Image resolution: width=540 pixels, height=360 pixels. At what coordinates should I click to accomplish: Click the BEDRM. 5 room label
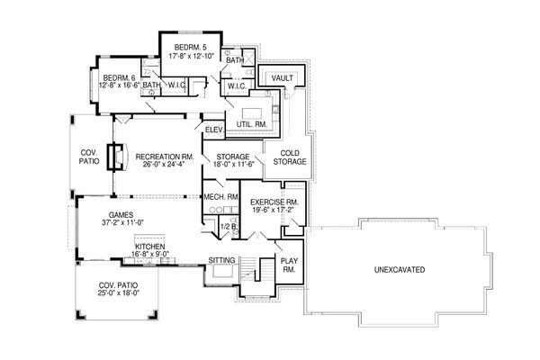(190, 47)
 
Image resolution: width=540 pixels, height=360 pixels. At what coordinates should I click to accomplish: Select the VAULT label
(283, 78)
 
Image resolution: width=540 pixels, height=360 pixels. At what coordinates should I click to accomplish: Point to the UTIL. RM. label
(252, 125)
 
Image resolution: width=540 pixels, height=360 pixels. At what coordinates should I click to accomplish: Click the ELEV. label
(214, 130)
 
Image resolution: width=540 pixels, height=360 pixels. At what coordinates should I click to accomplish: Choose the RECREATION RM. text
(165, 157)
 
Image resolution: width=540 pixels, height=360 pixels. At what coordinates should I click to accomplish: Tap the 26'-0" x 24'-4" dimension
(165, 164)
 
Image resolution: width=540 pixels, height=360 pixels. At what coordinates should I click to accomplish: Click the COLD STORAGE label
(290, 157)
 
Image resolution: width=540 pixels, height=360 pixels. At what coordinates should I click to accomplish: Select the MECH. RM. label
(221, 197)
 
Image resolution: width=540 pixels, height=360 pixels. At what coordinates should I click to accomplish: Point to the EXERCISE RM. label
(274, 202)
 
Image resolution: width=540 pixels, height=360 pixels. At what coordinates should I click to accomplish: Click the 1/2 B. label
(229, 227)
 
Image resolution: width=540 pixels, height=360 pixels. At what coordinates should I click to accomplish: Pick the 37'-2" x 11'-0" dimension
(122, 222)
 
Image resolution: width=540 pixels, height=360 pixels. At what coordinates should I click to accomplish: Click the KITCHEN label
(149, 247)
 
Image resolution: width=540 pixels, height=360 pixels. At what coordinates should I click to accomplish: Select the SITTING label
(222, 260)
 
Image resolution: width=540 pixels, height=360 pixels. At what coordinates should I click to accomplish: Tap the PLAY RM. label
(289, 265)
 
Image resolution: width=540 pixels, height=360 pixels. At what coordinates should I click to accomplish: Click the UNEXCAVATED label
(400, 270)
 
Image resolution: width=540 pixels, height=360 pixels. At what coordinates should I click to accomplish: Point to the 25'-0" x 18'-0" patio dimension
(118, 293)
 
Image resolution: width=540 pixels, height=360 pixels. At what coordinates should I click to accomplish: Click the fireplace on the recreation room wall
(116, 157)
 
